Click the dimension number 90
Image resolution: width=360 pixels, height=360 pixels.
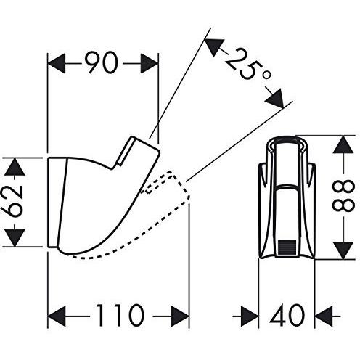[x=102, y=63]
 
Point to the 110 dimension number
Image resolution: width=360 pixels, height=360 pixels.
[x=120, y=316]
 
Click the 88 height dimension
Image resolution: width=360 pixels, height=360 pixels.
[x=343, y=197]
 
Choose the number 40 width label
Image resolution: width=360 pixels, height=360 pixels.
[x=287, y=316]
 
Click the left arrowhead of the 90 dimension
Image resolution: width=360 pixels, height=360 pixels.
[x=57, y=64]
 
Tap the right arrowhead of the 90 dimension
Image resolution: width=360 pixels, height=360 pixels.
[x=149, y=64]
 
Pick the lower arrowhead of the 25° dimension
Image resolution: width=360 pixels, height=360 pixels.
[x=274, y=99]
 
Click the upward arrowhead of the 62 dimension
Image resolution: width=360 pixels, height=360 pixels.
[x=15, y=166]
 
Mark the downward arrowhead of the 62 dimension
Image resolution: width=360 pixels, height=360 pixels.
[x=15, y=238]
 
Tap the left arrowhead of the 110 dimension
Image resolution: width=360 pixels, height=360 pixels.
[x=57, y=316]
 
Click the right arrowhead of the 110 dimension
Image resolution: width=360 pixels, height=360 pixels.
[x=180, y=316]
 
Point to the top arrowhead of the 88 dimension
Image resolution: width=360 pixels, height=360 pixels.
[x=343, y=144]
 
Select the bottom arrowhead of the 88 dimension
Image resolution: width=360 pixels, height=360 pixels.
[x=343, y=250]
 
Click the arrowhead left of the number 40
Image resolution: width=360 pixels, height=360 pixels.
[x=250, y=316]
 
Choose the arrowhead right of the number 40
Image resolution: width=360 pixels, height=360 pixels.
[x=324, y=316]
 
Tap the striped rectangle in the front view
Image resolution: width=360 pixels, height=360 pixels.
[x=287, y=247]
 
